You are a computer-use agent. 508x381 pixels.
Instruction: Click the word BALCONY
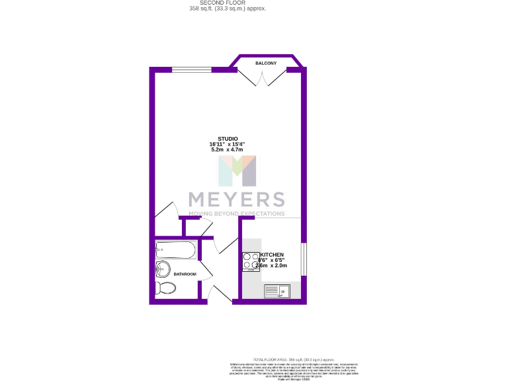coord(266,63)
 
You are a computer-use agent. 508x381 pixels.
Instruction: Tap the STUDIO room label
coord(228,138)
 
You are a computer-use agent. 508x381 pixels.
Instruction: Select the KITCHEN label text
coord(272,255)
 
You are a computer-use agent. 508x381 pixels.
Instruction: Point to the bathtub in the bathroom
coord(175,251)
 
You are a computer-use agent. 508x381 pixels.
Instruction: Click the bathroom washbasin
coord(162,269)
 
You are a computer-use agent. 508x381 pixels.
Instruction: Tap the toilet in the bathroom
coord(165,288)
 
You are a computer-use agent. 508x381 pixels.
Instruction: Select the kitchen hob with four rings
coord(251,261)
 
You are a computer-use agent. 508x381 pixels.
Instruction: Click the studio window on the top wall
coord(191,69)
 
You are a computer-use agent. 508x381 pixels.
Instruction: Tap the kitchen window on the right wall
coord(304,259)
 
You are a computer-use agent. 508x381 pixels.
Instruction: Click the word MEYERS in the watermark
coord(236,199)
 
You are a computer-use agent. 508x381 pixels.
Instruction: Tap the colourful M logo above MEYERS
coord(238,171)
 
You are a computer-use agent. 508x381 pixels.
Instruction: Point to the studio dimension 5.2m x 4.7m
coord(228,150)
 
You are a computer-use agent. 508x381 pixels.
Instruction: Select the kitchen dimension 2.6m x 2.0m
coord(275,266)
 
